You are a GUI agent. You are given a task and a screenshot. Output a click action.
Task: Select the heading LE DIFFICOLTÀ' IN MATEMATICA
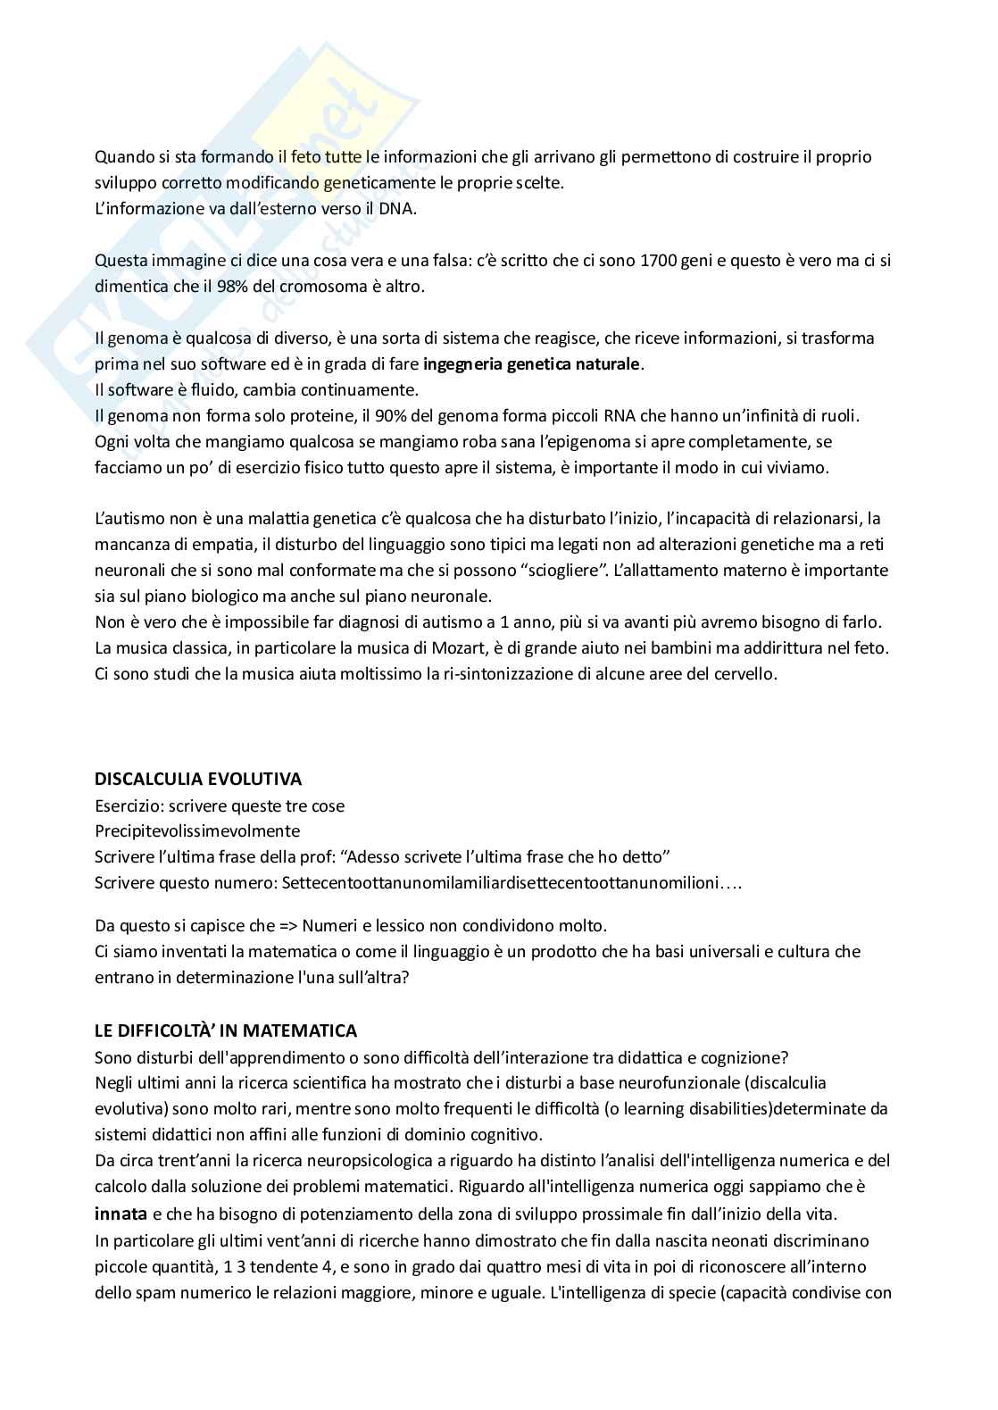click(x=226, y=1030)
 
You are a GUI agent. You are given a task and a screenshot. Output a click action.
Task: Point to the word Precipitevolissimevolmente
click(x=197, y=831)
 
